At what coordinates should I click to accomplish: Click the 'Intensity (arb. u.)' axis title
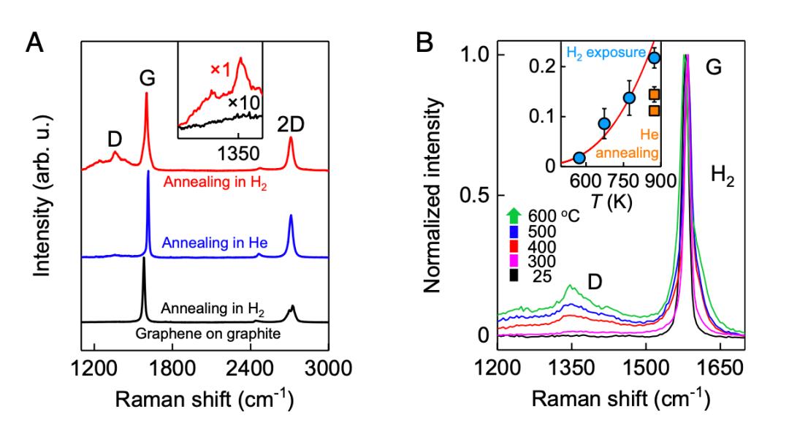(45, 202)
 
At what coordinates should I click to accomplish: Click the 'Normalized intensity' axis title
(435, 198)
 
